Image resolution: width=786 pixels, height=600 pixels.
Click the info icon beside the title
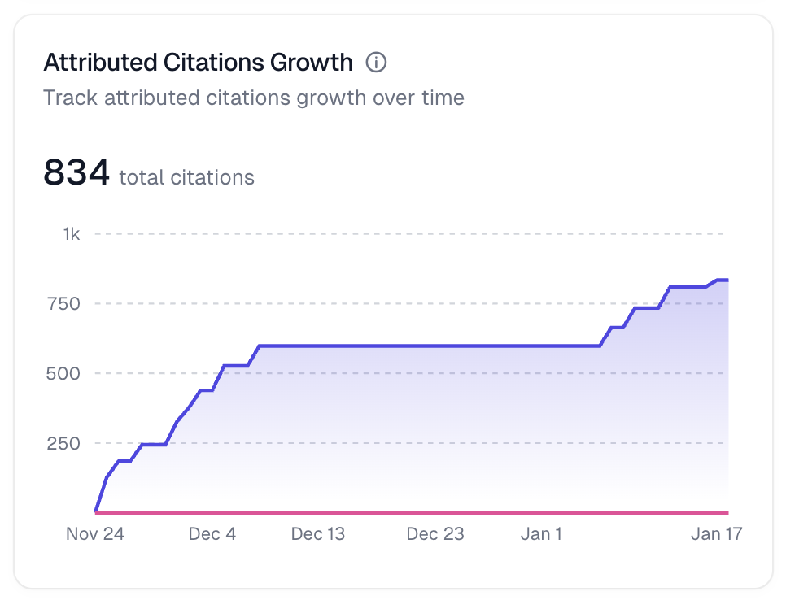(376, 62)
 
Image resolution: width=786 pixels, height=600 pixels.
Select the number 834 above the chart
(76, 172)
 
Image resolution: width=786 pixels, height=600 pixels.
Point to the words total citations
(186, 177)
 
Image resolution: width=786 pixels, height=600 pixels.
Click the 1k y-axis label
(72, 234)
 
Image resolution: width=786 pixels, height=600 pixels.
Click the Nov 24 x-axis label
(95, 534)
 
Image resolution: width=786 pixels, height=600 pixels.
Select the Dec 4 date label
(212, 534)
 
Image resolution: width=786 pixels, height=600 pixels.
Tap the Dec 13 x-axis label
(318, 534)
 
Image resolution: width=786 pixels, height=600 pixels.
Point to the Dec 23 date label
(435, 534)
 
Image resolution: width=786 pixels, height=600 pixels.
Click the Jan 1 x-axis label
(541, 534)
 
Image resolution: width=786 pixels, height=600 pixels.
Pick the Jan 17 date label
(717, 534)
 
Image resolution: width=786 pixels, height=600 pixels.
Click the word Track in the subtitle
(70, 98)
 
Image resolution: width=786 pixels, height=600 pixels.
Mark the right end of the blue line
(727, 280)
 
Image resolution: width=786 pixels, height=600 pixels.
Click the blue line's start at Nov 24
(96, 511)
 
